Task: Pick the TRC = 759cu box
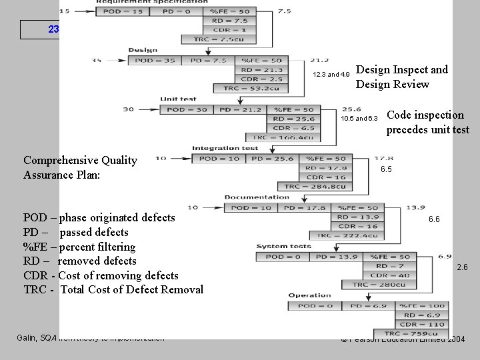point(411,333)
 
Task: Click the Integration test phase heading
point(225,148)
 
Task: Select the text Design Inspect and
point(401,70)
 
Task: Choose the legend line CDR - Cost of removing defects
point(101,275)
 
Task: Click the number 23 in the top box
point(53,29)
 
